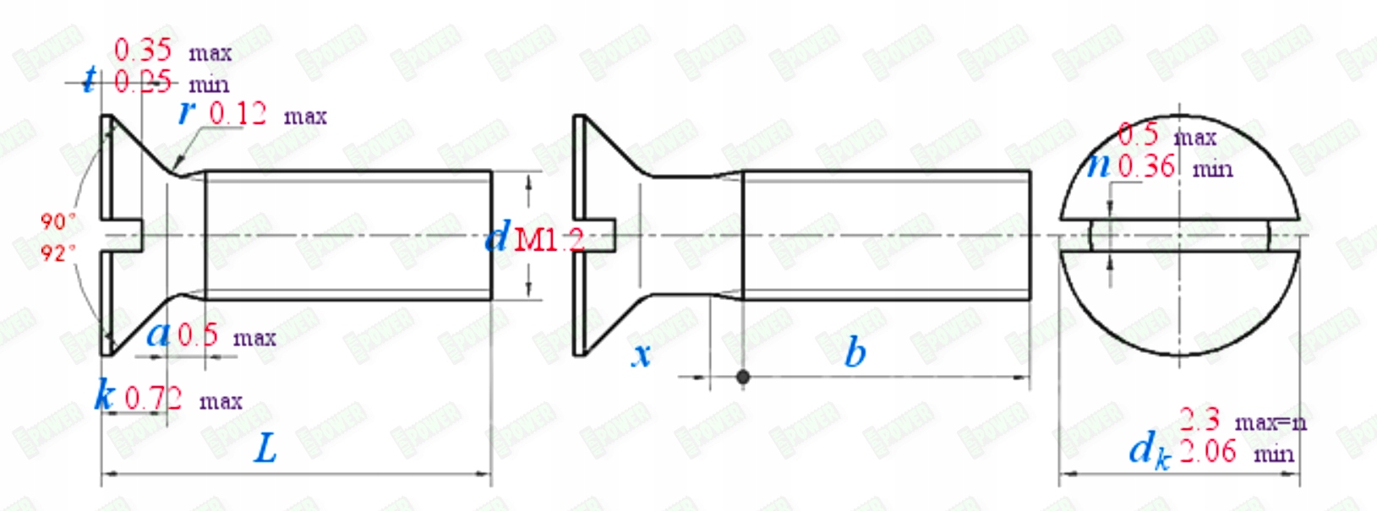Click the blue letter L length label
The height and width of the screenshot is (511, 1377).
(x=265, y=448)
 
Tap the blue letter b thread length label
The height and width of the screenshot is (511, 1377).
(x=855, y=352)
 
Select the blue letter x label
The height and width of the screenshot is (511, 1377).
(x=642, y=355)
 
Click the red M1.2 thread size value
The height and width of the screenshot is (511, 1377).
(x=549, y=240)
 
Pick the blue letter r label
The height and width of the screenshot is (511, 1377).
(x=188, y=111)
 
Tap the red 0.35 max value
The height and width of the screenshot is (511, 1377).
(x=143, y=50)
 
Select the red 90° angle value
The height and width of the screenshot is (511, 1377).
(x=57, y=221)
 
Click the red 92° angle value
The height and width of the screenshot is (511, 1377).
(x=57, y=253)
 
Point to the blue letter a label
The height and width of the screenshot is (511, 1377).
(x=158, y=334)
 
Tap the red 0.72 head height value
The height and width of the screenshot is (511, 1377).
(x=153, y=398)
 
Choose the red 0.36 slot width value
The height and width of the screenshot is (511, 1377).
(x=1146, y=166)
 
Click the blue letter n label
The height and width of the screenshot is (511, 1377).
(x=1099, y=164)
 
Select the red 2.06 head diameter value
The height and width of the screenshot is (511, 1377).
(x=1208, y=451)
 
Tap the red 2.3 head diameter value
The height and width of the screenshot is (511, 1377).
(x=1199, y=419)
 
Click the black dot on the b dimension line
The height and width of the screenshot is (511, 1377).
(x=742, y=377)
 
